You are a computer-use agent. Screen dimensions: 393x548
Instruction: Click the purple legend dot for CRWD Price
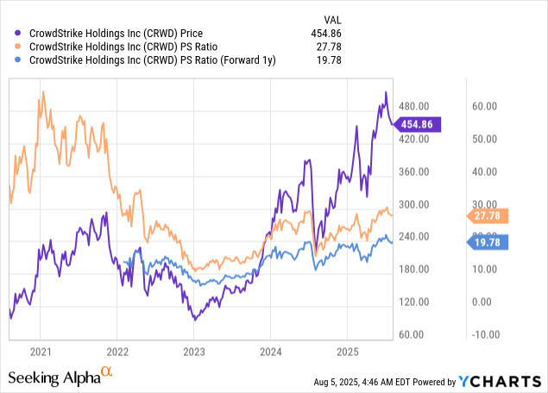click(20, 31)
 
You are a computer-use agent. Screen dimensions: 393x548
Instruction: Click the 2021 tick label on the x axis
click(41, 352)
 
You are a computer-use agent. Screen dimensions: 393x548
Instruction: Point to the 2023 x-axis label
click(194, 352)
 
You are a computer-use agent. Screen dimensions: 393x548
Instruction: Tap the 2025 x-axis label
click(347, 352)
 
